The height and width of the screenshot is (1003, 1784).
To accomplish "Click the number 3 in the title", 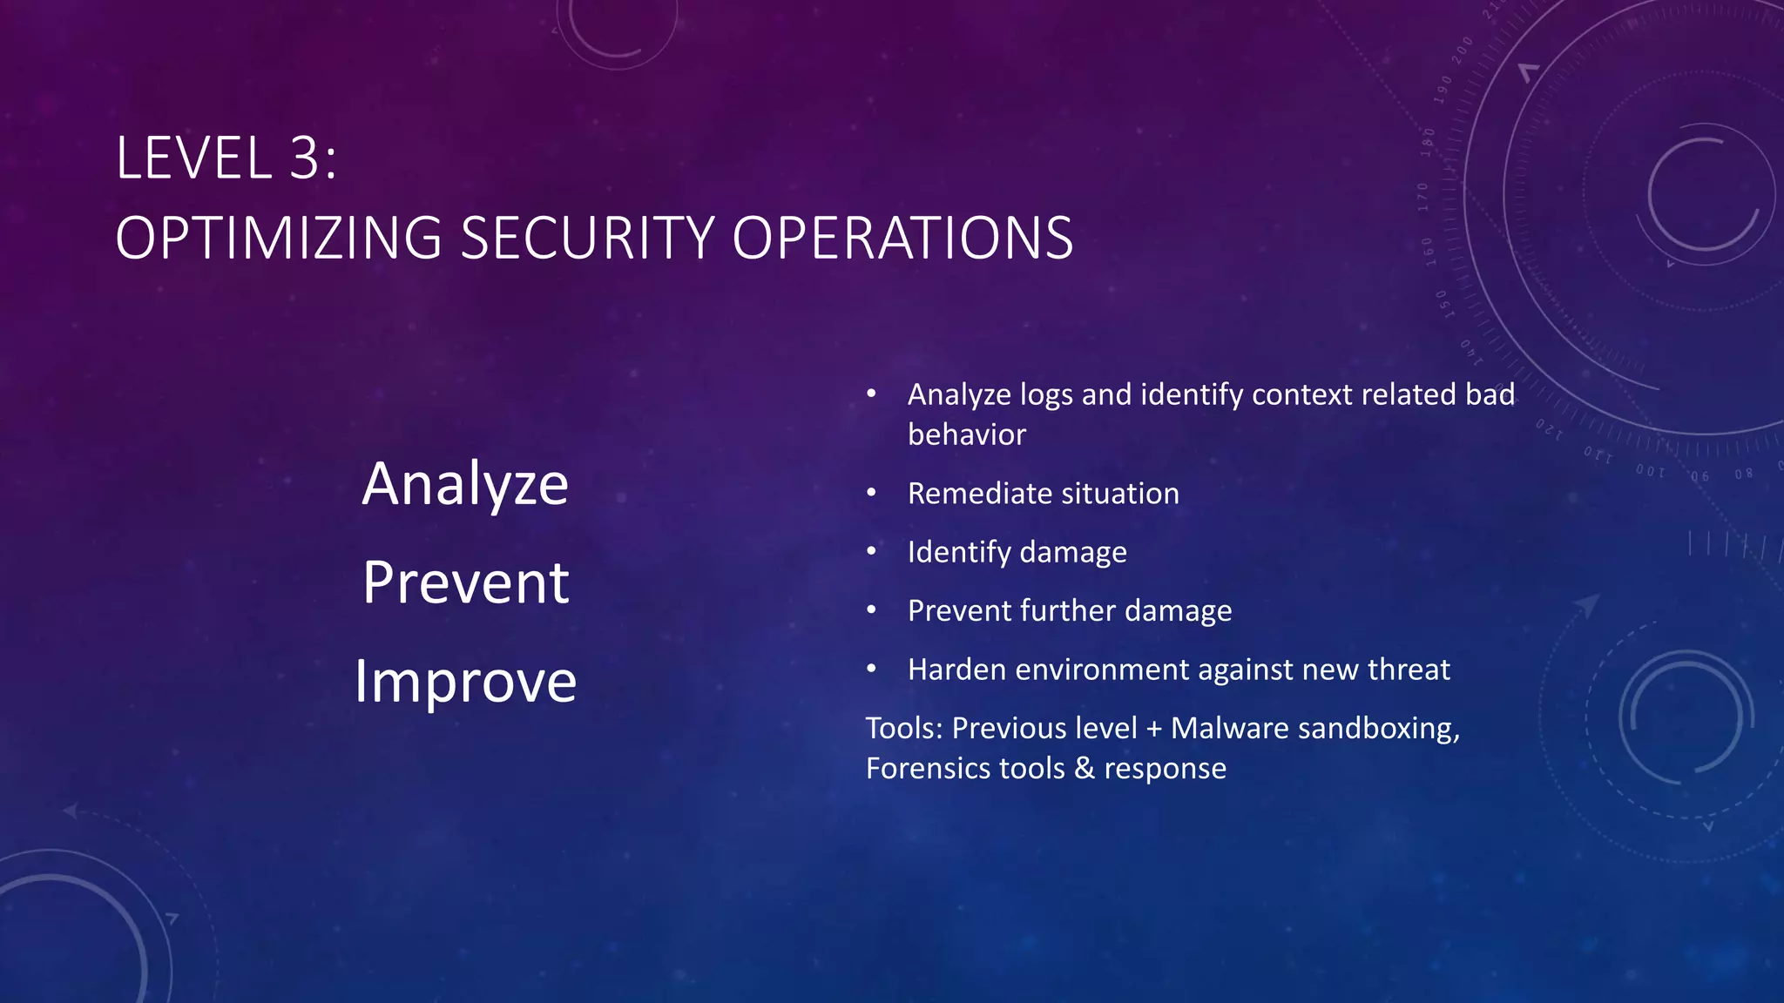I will point(306,158).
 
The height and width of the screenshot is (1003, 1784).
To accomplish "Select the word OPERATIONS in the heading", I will point(902,238).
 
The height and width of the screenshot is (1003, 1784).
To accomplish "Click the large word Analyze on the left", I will point(465,484).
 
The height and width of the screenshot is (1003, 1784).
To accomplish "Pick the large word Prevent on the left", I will point(465,582).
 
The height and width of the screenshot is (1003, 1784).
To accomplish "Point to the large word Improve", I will point(465,681).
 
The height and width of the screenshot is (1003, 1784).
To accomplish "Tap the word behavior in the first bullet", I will point(967,434).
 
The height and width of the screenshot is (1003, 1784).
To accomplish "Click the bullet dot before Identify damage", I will point(871,551).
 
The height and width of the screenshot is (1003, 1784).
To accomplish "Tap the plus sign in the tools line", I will point(1154,729).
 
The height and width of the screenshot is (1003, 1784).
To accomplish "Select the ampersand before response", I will point(1085,769).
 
